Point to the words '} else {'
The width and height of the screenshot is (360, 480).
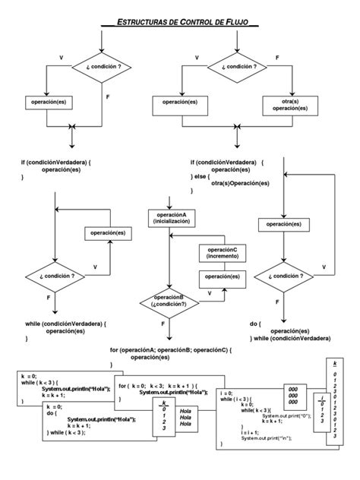coord(202,175)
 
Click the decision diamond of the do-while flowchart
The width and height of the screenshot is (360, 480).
coord(283,276)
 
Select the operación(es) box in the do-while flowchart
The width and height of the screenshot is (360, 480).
coord(283,224)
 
